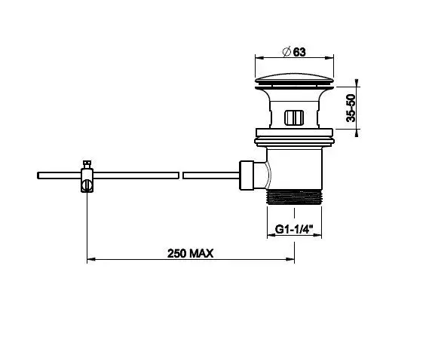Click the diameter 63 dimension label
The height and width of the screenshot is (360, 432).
294,52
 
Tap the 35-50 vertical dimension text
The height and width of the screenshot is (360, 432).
351,108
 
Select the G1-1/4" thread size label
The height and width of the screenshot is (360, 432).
294,229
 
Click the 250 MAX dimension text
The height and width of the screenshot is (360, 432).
191,253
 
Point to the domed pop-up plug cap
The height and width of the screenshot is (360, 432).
294,78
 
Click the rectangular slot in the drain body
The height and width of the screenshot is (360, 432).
294,117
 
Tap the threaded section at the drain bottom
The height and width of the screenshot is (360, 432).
295,197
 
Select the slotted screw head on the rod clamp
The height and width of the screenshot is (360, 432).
87,185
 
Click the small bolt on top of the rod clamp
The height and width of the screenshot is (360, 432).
87,164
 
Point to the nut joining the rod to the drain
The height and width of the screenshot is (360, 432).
247,175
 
